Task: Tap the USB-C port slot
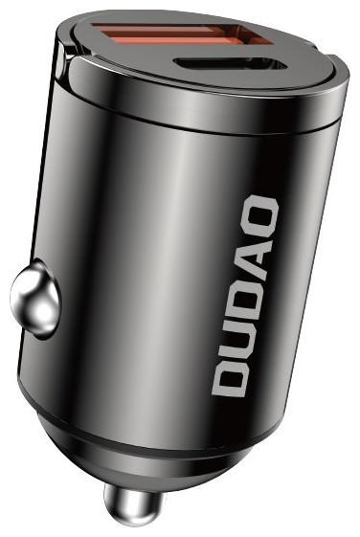coord(231,64)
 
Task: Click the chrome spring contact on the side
coord(34,299)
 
